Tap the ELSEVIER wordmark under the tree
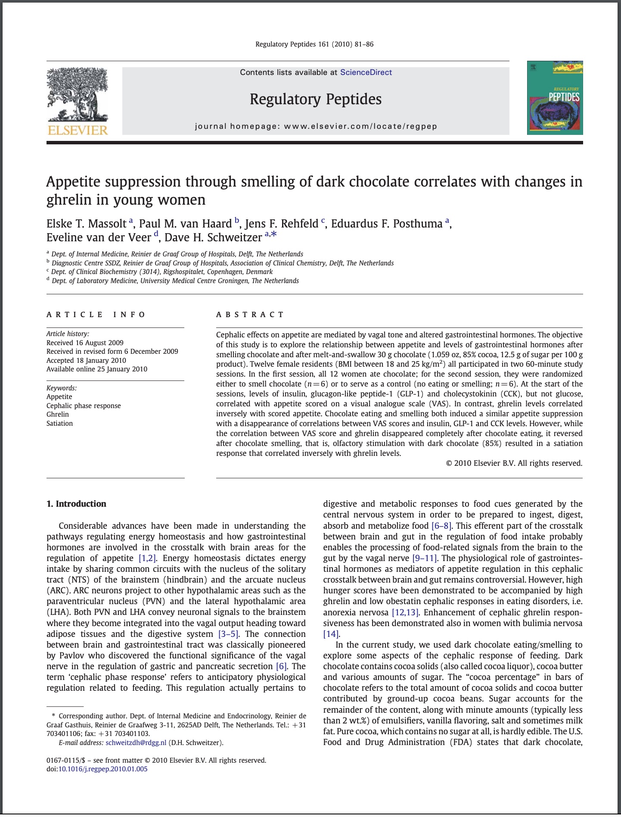click(78, 130)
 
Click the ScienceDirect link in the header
click(366, 72)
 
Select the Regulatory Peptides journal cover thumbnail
click(555, 98)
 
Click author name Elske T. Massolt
click(86, 224)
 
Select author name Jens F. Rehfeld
click(282, 224)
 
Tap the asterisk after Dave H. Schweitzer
click(273, 235)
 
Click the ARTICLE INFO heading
click(96, 315)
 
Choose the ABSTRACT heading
click(250, 315)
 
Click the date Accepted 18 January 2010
click(86, 360)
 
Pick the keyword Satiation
click(59, 423)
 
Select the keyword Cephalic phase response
click(84, 405)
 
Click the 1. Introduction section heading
click(76, 504)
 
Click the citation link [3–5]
click(228, 634)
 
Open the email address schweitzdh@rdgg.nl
click(136, 742)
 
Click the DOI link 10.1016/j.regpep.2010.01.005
click(103, 769)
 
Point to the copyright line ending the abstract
click(514, 463)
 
